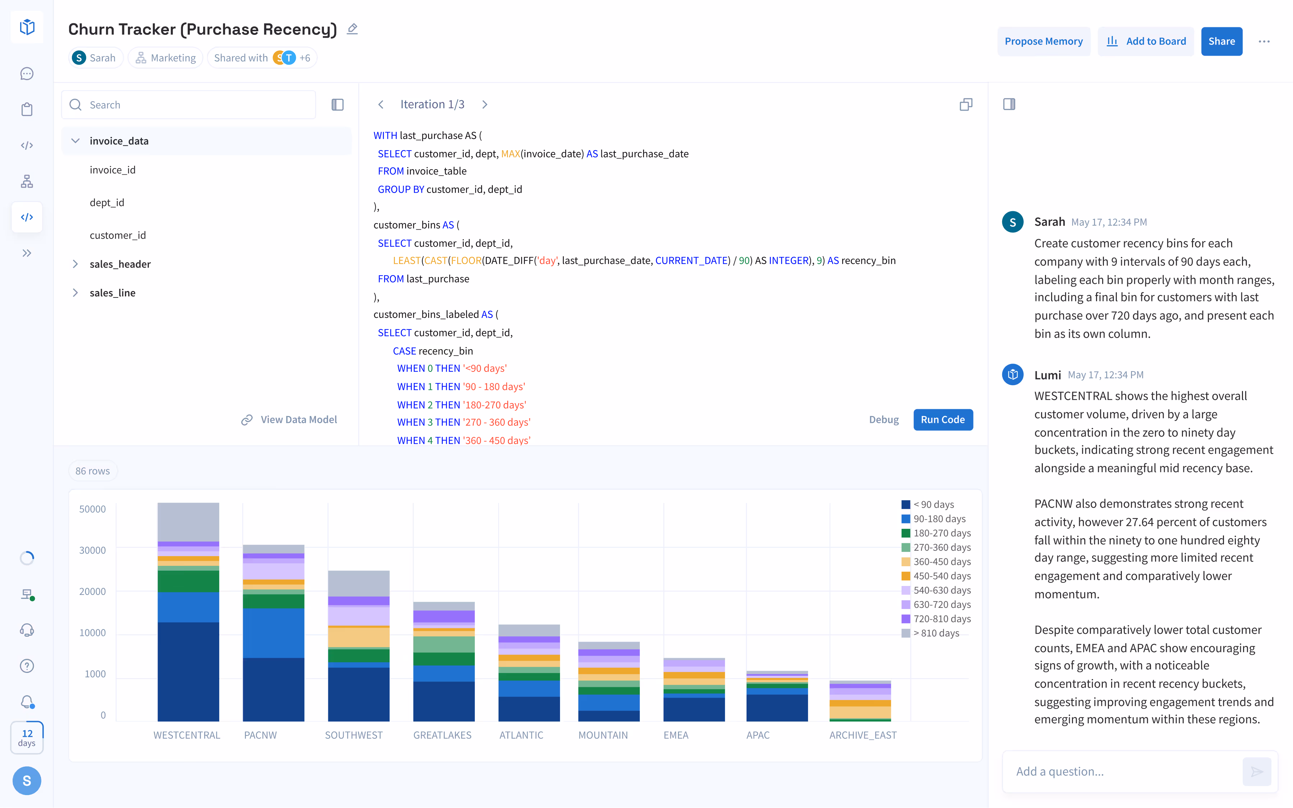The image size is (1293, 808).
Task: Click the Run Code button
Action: point(943,420)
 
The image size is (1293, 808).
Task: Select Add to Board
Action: point(1146,41)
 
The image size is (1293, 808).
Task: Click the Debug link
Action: point(884,420)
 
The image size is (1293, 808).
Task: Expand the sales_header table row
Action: point(75,264)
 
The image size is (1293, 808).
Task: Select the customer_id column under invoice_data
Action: point(118,235)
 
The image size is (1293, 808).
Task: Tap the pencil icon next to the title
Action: point(352,29)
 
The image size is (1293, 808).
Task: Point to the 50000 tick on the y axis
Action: point(92,509)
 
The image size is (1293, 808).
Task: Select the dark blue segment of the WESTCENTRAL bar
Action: point(188,671)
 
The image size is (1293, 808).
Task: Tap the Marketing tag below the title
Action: point(166,58)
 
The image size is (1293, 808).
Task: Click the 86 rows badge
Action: point(92,471)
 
